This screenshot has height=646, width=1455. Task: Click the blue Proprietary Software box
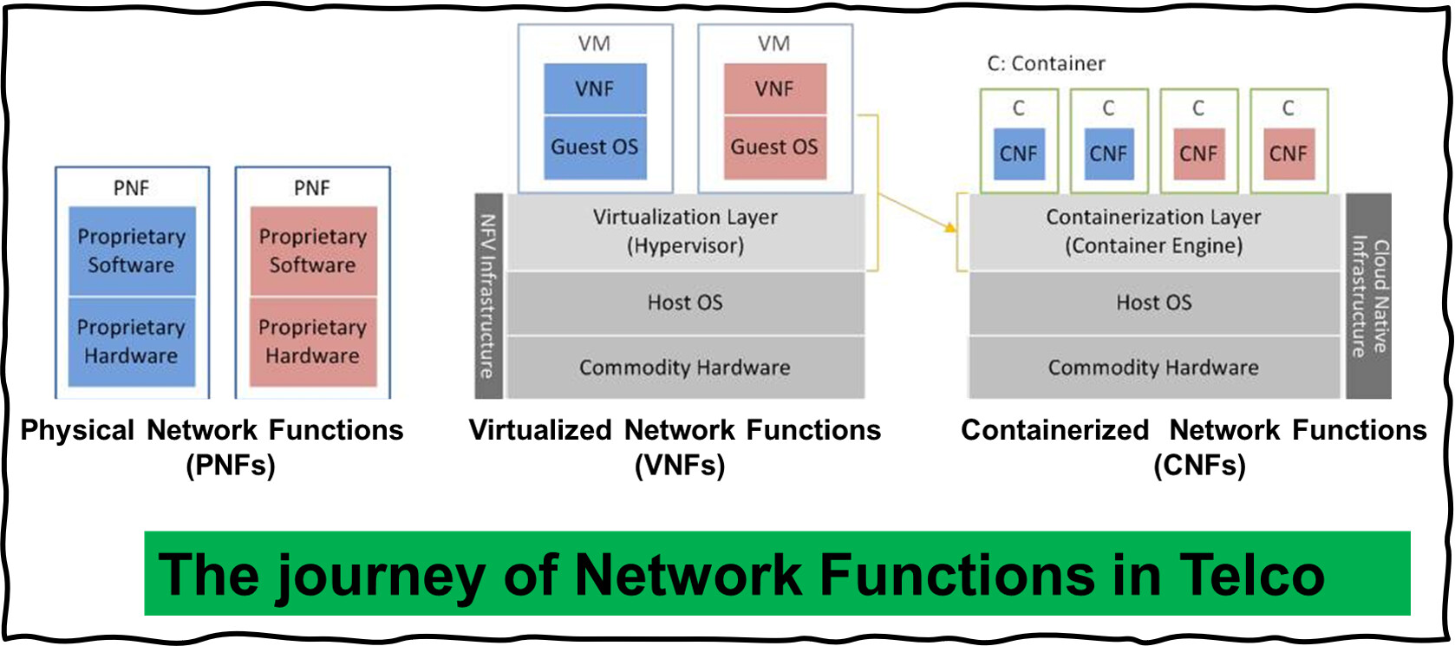pyautogui.click(x=132, y=251)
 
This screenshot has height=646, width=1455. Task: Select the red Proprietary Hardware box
pyautogui.click(x=313, y=343)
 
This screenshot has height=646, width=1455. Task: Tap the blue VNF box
pyautogui.click(x=595, y=88)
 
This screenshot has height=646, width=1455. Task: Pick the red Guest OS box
pyautogui.click(x=775, y=147)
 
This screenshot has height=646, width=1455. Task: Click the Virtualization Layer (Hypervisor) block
pyautogui.click(x=685, y=232)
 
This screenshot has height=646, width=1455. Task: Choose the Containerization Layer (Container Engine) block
pyautogui.click(x=1153, y=232)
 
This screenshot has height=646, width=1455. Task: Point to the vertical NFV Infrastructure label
pyautogui.click(x=488, y=296)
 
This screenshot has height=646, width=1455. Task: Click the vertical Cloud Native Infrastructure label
pyautogui.click(x=1369, y=296)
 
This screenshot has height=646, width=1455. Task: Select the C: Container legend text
pyautogui.click(x=1046, y=63)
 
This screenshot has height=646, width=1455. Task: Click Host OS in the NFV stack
pyautogui.click(x=685, y=303)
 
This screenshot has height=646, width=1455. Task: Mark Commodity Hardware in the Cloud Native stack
pyautogui.click(x=1153, y=368)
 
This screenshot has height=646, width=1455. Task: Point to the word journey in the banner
pyautogui.click(x=379, y=577)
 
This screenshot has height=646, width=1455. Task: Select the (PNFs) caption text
pyautogui.click(x=231, y=466)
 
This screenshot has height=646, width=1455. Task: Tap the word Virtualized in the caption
pyautogui.click(x=540, y=430)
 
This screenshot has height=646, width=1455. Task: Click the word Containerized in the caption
pyautogui.click(x=1055, y=430)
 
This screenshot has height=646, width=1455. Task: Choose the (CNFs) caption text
pyautogui.click(x=1200, y=466)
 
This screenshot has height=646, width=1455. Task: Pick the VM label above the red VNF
pyautogui.click(x=774, y=43)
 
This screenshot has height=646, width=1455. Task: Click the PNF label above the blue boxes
pyautogui.click(x=131, y=188)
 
